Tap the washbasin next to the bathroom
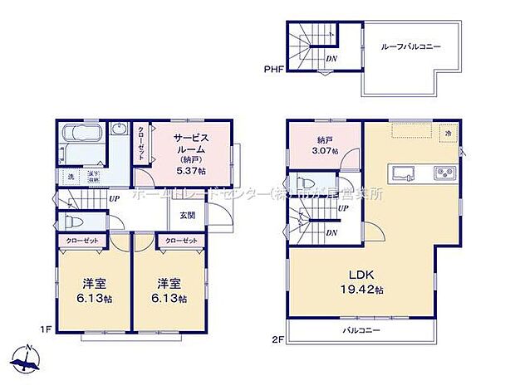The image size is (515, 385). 119,132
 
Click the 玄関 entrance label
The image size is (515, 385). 187,215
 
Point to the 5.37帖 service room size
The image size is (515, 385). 190,170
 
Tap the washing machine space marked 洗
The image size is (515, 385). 71,178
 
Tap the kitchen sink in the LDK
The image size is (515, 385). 405,173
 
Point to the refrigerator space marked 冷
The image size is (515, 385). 448,133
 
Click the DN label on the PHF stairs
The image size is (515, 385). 331,60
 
